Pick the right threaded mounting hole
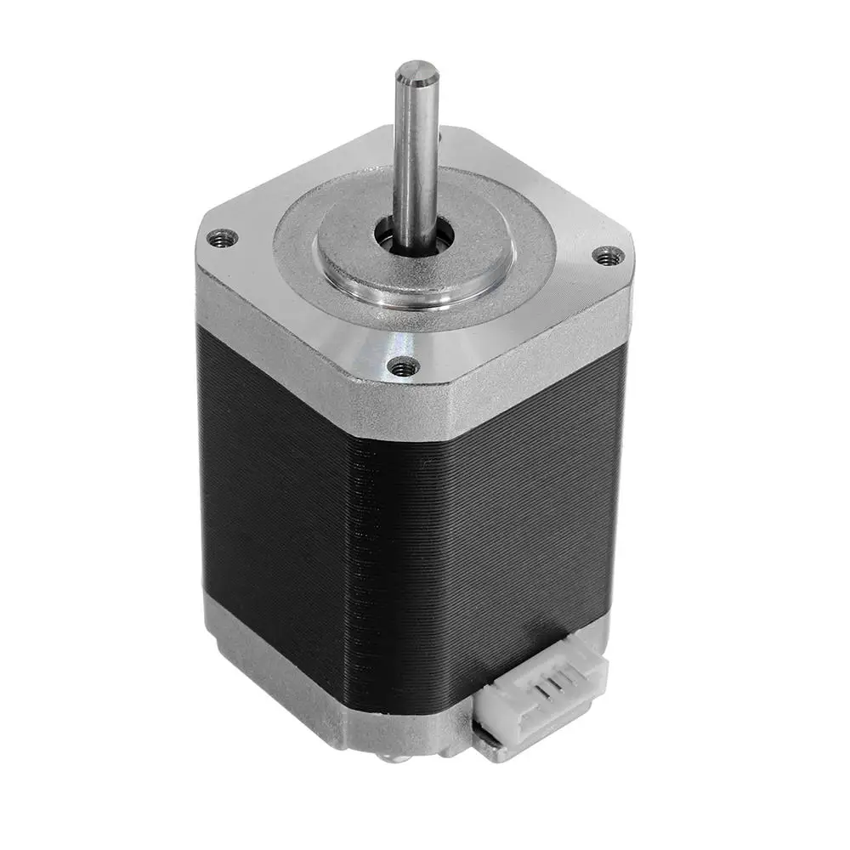tap(608, 254)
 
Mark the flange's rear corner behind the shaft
tap(459, 136)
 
